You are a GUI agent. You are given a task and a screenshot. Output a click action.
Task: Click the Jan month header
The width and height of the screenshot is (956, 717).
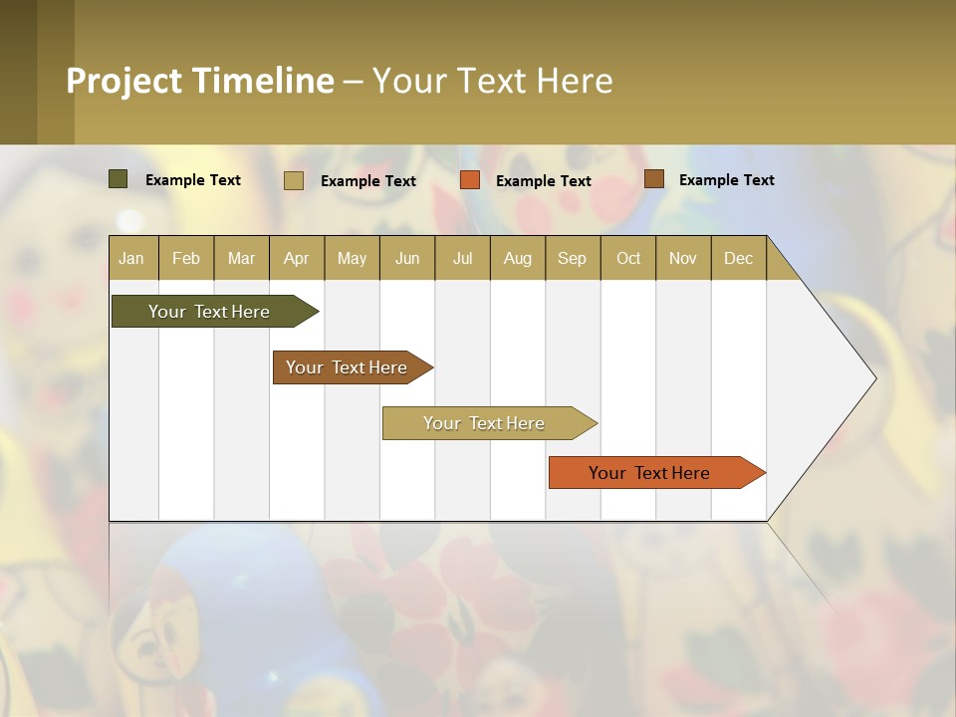tap(132, 258)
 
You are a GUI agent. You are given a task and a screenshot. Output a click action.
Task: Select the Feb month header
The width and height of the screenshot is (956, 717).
tap(186, 258)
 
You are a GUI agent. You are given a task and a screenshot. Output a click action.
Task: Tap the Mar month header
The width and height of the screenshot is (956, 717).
tap(241, 258)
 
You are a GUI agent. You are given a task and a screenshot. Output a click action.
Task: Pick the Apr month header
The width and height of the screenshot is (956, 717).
tap(297, 258)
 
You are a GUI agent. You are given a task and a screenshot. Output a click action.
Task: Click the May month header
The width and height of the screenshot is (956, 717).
tap(352, 258)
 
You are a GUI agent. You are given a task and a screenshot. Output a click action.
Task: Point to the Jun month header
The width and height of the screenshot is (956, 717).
tap(407, 258)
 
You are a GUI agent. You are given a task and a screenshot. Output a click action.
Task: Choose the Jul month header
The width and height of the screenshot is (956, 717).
tap(462, 258)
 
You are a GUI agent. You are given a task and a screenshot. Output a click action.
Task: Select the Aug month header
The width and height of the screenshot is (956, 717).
tap(518, 258)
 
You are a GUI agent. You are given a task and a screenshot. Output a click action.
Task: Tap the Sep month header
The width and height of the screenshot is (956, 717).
tap(573, 258)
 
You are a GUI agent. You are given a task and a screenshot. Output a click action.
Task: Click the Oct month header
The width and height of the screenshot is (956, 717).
tap(628, 258)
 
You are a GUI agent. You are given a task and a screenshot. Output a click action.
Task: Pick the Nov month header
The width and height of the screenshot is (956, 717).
tap(683, 258)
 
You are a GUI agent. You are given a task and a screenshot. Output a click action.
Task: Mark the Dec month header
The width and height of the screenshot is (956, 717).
tap(738, 258)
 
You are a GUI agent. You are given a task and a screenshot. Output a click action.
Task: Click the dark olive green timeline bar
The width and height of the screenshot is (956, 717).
tap(210, 312)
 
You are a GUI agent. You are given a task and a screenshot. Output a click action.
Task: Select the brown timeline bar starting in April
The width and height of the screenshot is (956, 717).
tap(348, 367)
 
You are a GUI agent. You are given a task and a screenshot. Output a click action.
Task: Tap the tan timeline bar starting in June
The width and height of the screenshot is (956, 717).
tap(485, 423)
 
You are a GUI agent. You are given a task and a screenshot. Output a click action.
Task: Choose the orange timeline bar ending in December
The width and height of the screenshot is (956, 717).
tap(650, 473)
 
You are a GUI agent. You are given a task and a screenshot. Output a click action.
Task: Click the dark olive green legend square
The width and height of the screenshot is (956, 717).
tap(119, 179)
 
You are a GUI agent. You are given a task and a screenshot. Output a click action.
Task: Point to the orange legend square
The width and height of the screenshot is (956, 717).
tap(470, 180)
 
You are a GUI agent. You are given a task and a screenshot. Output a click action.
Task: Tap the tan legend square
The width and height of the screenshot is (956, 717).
tap(294, 180)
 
